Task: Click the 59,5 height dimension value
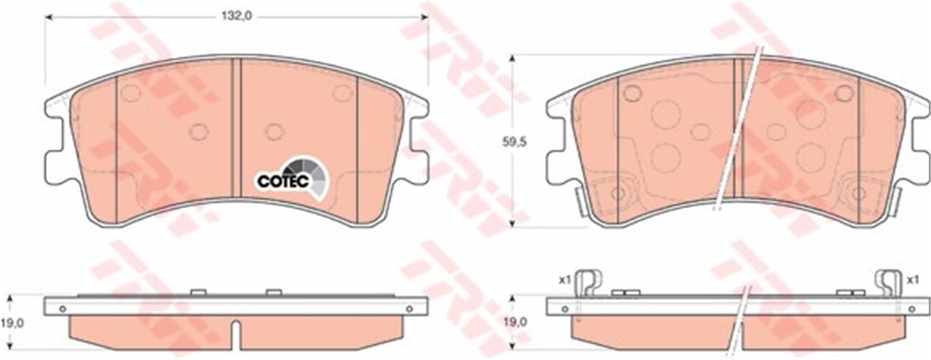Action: click(x=514, y=142)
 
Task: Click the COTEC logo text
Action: click(x=282, y=182)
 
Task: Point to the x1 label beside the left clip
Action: click(x=563, y=280)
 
